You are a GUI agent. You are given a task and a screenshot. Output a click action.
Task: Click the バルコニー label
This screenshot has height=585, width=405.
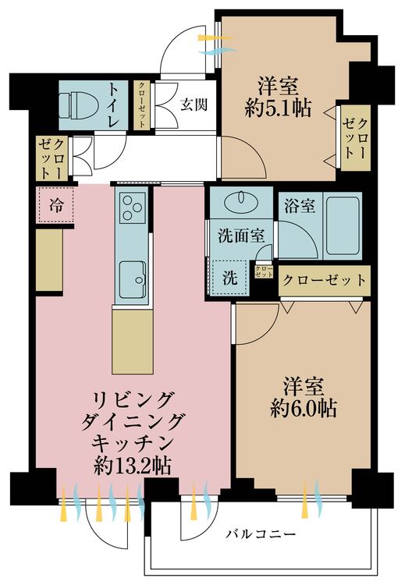pyautogui.click(x=261, y=534)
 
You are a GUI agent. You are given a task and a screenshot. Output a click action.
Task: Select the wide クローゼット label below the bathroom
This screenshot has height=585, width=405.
pyautogui.click(x=323, y=279)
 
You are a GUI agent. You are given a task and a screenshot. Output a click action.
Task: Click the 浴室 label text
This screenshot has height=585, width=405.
pyautogui.click(x=299, y=207)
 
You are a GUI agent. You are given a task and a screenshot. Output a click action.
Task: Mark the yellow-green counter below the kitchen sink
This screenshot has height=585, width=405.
pyautogui.click(x=130, y=341)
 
